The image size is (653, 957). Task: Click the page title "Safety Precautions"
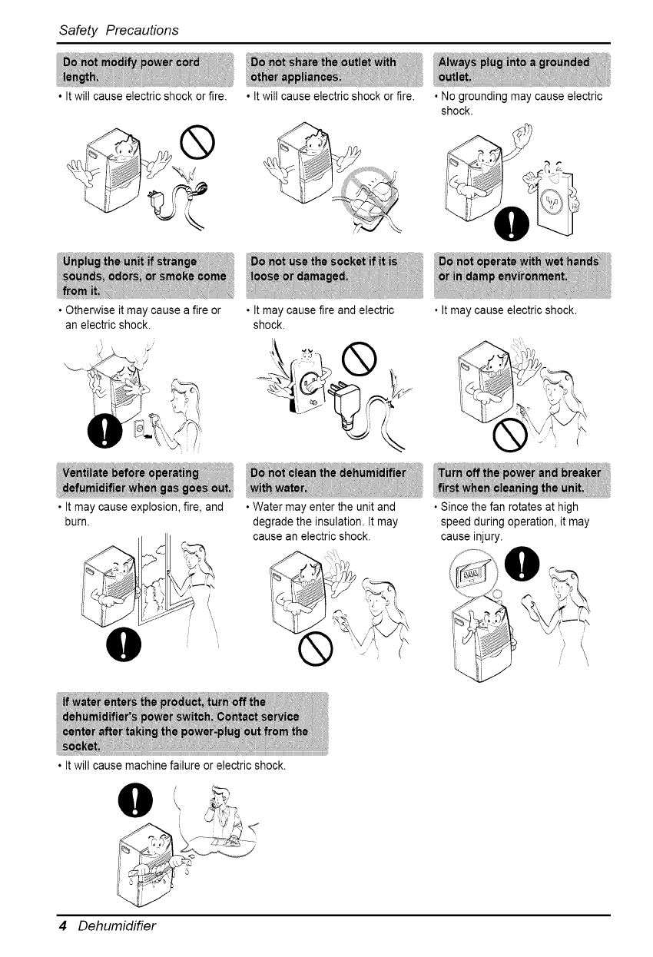tap(118, 30)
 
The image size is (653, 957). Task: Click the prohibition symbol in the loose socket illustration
tap(363, 355)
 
